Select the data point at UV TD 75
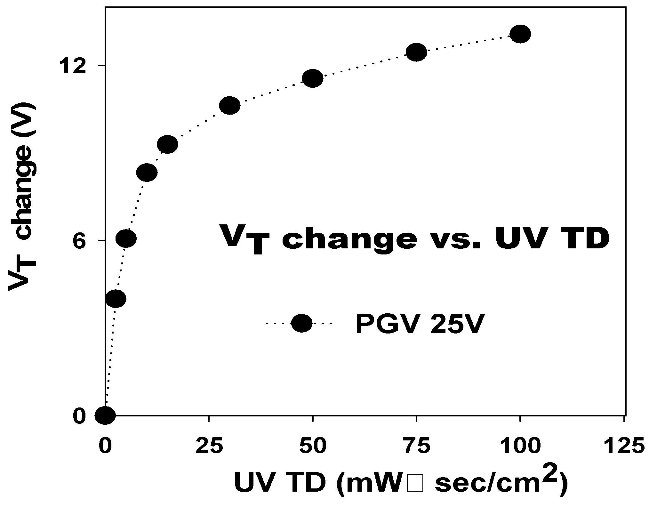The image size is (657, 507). click(416, 52)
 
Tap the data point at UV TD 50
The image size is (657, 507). click(313, 78)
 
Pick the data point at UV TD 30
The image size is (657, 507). click(230, 105)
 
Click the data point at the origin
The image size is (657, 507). click(105, 415)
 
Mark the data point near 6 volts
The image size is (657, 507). click(126, 238)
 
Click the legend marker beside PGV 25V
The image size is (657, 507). click(301, 323)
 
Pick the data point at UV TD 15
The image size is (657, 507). click(167, 144)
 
